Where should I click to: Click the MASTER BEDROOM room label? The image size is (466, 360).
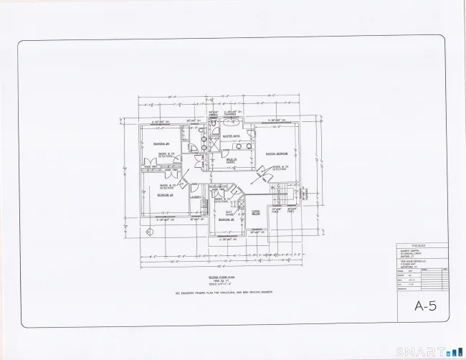coord(277,153)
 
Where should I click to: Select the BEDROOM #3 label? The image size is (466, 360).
coord(163,195)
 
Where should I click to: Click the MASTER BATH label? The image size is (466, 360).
coord(232,135)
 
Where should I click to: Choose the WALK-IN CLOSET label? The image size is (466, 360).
coord(231,160)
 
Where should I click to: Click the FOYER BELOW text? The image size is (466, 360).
coord(255,213)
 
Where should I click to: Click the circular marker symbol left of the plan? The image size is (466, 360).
coord(148,232)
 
